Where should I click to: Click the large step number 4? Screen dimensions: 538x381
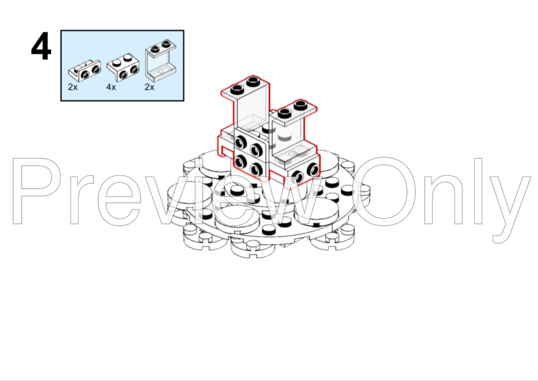(41, 46)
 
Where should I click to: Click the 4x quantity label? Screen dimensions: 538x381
(111, 87)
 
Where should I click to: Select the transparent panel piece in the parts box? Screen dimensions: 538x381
(161, 60)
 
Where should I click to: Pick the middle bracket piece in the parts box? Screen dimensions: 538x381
(123, 67)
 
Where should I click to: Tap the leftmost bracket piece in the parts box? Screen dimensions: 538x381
(85, 70)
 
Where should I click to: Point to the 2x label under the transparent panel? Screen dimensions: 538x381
(150, 87)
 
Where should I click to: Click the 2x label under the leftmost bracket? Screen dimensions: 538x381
(73, 87)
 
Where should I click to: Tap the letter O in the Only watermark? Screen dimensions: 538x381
(384, 191)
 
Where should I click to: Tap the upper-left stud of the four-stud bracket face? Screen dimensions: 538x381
(242, 141)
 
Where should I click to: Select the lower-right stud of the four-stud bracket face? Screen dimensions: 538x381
(256, 169)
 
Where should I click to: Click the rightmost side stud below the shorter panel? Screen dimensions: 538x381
(313, 169)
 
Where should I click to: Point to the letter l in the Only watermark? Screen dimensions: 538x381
(479, 191)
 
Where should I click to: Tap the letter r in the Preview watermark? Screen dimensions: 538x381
(81, 199)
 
